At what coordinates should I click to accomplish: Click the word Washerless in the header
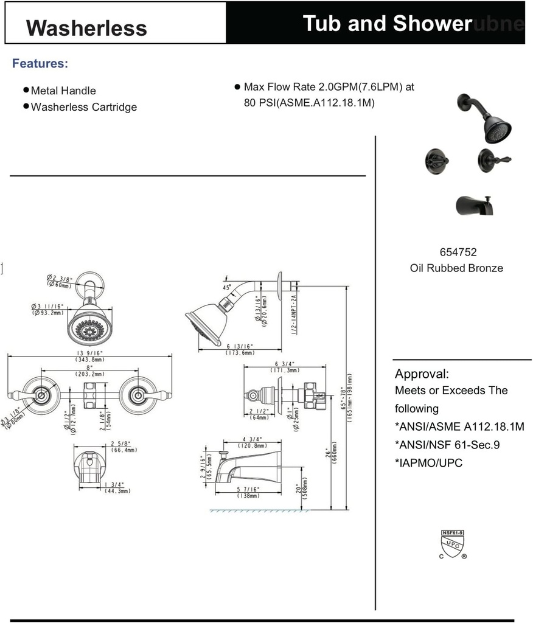point(87,28)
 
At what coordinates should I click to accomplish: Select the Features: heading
point(40,64)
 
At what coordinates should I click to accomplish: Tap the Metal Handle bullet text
point(63,91)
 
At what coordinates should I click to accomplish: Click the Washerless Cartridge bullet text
point(84,107)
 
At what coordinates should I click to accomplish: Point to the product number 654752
point(458,252)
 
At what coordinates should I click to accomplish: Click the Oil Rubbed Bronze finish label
point(456,268)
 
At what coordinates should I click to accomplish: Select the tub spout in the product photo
point(475,207)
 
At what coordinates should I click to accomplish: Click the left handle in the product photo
point(437,159)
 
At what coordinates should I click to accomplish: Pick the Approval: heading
point(422,374)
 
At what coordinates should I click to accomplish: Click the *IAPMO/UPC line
point(428,463)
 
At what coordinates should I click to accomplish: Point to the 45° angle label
point(226,287)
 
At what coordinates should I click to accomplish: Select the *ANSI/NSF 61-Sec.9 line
point(447,445)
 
